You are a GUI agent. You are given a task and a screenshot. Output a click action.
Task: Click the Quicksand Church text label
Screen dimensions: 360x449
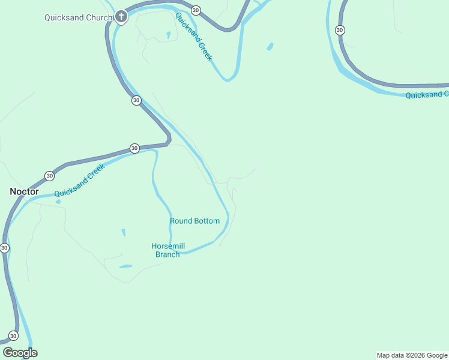pos(79,17)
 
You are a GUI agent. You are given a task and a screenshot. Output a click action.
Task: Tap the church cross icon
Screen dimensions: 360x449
pos(121,16)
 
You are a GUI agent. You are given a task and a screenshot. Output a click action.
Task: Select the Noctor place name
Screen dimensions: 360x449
pos(24,191)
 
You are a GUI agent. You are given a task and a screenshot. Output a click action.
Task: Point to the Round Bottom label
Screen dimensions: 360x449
pos(194,221)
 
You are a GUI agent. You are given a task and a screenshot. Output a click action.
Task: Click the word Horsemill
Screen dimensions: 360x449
pos(168,246)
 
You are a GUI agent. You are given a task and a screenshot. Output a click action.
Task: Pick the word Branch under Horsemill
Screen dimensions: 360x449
pos(167,254)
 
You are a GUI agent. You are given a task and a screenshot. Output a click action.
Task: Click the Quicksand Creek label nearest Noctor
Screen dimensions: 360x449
pos(79,181)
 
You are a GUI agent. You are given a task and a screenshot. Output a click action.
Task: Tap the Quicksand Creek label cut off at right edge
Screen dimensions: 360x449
pos(427,95)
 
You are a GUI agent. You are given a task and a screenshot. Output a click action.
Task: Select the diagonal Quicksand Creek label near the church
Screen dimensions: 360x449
pos(193,36)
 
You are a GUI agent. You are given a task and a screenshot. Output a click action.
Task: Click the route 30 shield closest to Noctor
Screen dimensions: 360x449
pos(49,176)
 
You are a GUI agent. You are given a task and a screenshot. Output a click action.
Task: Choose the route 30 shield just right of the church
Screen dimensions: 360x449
pos(196,10)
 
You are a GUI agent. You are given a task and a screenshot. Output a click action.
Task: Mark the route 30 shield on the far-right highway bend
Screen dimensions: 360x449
pos(340,30)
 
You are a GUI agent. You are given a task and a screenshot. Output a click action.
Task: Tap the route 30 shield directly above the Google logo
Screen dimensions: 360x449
pos(13,335)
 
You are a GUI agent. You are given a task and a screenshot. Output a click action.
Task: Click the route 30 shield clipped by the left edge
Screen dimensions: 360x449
pos(4,247)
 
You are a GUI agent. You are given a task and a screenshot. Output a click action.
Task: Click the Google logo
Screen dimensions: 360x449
pos(20,353)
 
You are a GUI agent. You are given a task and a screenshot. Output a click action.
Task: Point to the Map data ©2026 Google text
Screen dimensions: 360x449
pos(412,355)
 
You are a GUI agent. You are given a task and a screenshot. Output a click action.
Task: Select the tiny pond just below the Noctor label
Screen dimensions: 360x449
pos(58,202)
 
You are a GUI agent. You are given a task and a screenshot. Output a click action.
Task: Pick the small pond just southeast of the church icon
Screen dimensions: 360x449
pos(168,35)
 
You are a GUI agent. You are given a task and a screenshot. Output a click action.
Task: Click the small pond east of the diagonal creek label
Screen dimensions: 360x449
pos(270,46)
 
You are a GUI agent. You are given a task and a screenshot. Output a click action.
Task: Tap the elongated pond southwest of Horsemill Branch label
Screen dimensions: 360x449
pos(125,266)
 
